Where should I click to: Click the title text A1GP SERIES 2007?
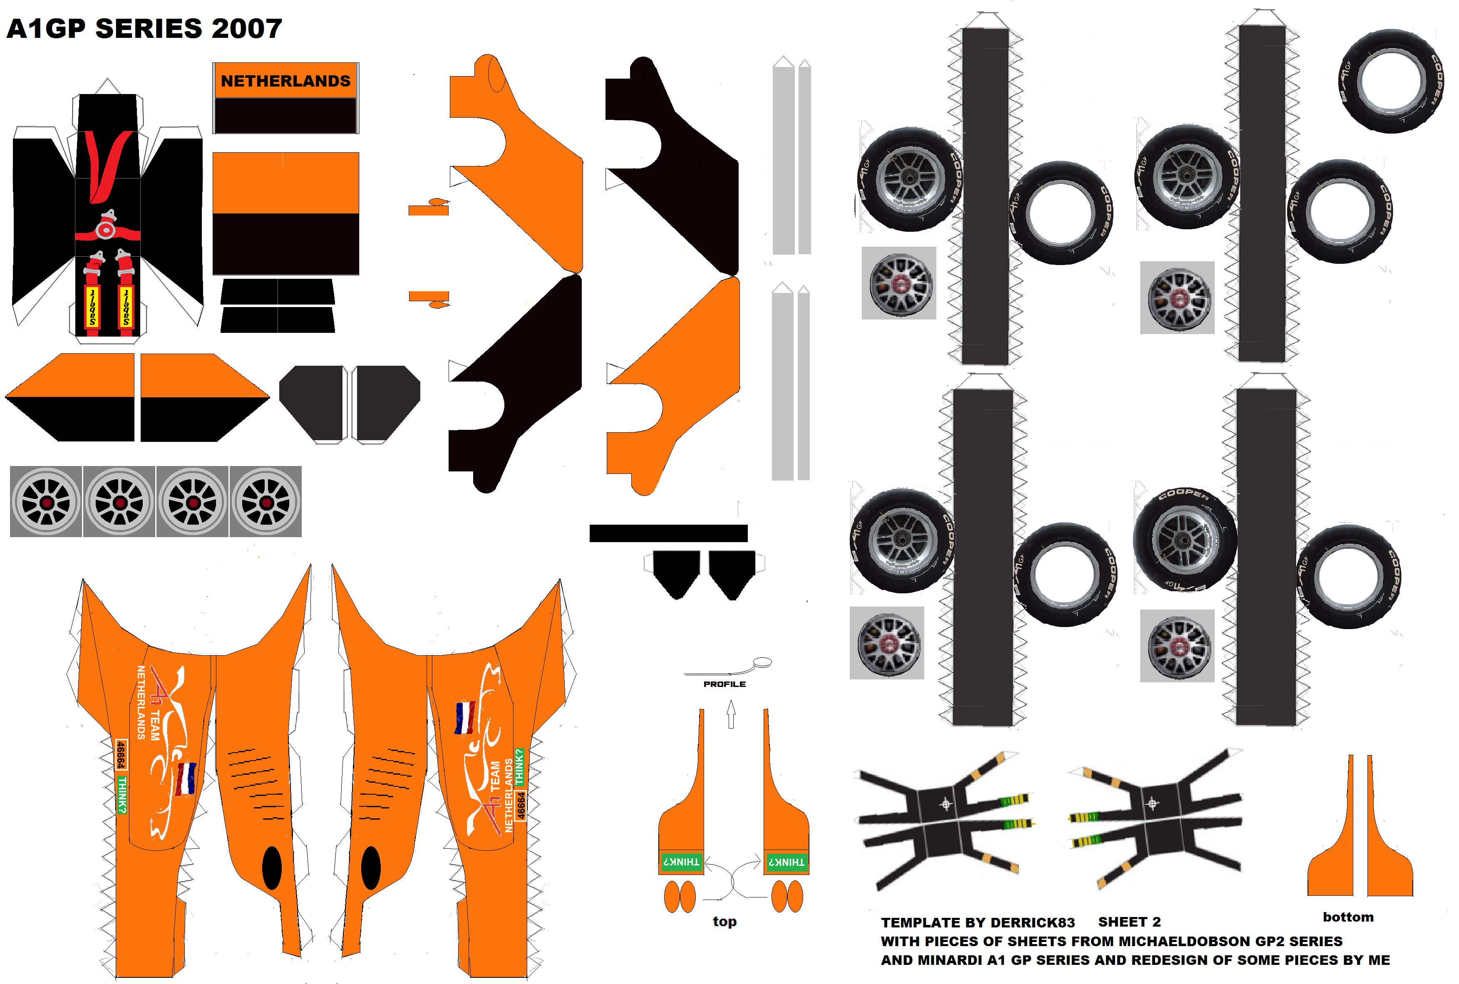click(x=144, y=29)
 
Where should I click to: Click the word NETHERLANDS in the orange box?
click(x=285, y=81)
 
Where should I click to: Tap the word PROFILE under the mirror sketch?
click(x=724, y=684)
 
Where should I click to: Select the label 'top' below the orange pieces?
click(x=724, y=921)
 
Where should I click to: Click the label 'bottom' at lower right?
click(x=1348, y=917)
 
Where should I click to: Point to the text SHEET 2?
click(x=1129, y=922)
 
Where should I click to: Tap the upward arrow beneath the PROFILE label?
click(x=731, y=714)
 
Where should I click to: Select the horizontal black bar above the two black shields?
click(x=668, y=533)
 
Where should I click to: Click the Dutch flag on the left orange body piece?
click(x=186, y=779)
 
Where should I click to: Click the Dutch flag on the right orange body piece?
click(x=464, y=718)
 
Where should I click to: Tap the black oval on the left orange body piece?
click(x=272, y=868)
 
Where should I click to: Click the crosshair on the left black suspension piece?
click(x=945, y=804)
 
